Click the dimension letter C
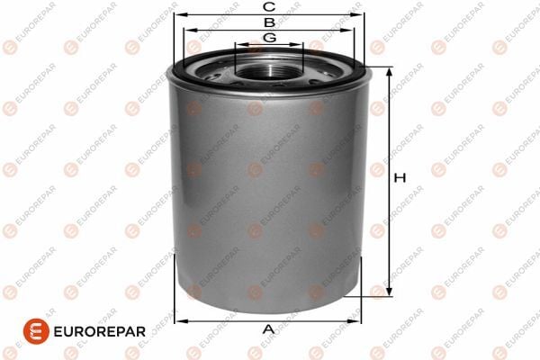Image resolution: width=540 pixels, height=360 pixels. [x=268, y=7]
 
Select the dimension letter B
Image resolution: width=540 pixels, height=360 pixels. [x=268, y=22]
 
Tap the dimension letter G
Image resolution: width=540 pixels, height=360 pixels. [x=268, y=38]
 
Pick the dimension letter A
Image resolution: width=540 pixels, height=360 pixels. [x=267, y=329]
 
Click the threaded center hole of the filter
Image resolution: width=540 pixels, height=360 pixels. [x=268, y=65]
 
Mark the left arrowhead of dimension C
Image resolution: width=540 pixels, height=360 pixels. [x=176, y=14]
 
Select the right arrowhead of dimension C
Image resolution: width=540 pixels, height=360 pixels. [x=360, y=14]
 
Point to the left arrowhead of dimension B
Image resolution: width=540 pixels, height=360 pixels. [x=189, y=29]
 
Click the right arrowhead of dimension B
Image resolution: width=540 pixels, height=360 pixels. [x=349, y=29]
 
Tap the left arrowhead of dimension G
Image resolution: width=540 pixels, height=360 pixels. [x=237, y=45]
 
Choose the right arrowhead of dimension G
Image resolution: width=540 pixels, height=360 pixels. [x=301, y=45]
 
